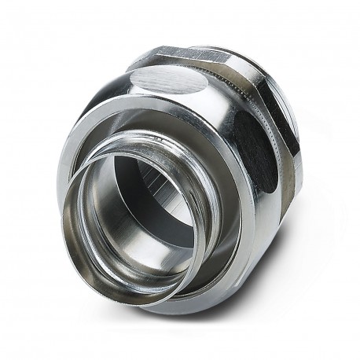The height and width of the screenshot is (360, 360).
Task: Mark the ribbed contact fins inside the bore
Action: coord(161,186)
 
